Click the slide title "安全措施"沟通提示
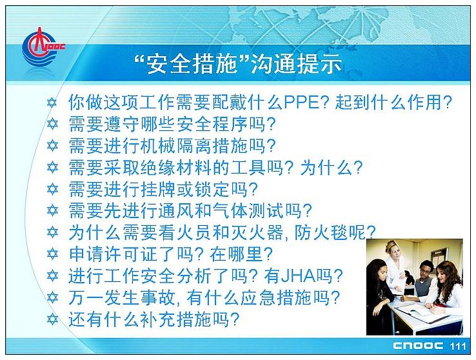238,64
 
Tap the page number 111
458,346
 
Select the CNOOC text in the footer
418,346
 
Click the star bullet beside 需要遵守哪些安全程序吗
52,124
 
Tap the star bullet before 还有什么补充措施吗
52,319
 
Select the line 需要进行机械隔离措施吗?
172,146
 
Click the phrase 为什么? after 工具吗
332,168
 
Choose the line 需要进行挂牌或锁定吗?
163,189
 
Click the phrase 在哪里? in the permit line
241,254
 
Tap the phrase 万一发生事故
122,298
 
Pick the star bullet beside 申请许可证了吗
52,254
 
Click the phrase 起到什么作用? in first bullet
393,103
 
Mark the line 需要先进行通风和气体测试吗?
190,211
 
